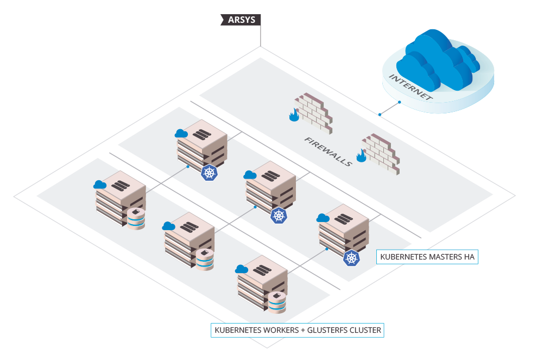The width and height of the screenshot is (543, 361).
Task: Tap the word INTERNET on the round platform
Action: click(411, 87)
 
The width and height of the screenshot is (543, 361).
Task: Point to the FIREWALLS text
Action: click(328, 151)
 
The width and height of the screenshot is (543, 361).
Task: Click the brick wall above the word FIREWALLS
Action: click(314, 113)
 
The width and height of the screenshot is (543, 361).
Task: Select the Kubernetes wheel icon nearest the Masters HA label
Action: click(351, 258)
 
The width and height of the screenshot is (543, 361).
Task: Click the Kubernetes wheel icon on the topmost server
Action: click(209, 173)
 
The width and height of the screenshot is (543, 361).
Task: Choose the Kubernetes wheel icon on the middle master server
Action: click(279, 215)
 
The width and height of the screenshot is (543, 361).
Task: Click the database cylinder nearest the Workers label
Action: click(277, 302)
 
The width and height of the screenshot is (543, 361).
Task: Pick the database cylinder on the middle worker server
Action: click(205, 260)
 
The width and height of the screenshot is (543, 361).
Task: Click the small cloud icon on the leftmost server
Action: click(100, 185)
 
